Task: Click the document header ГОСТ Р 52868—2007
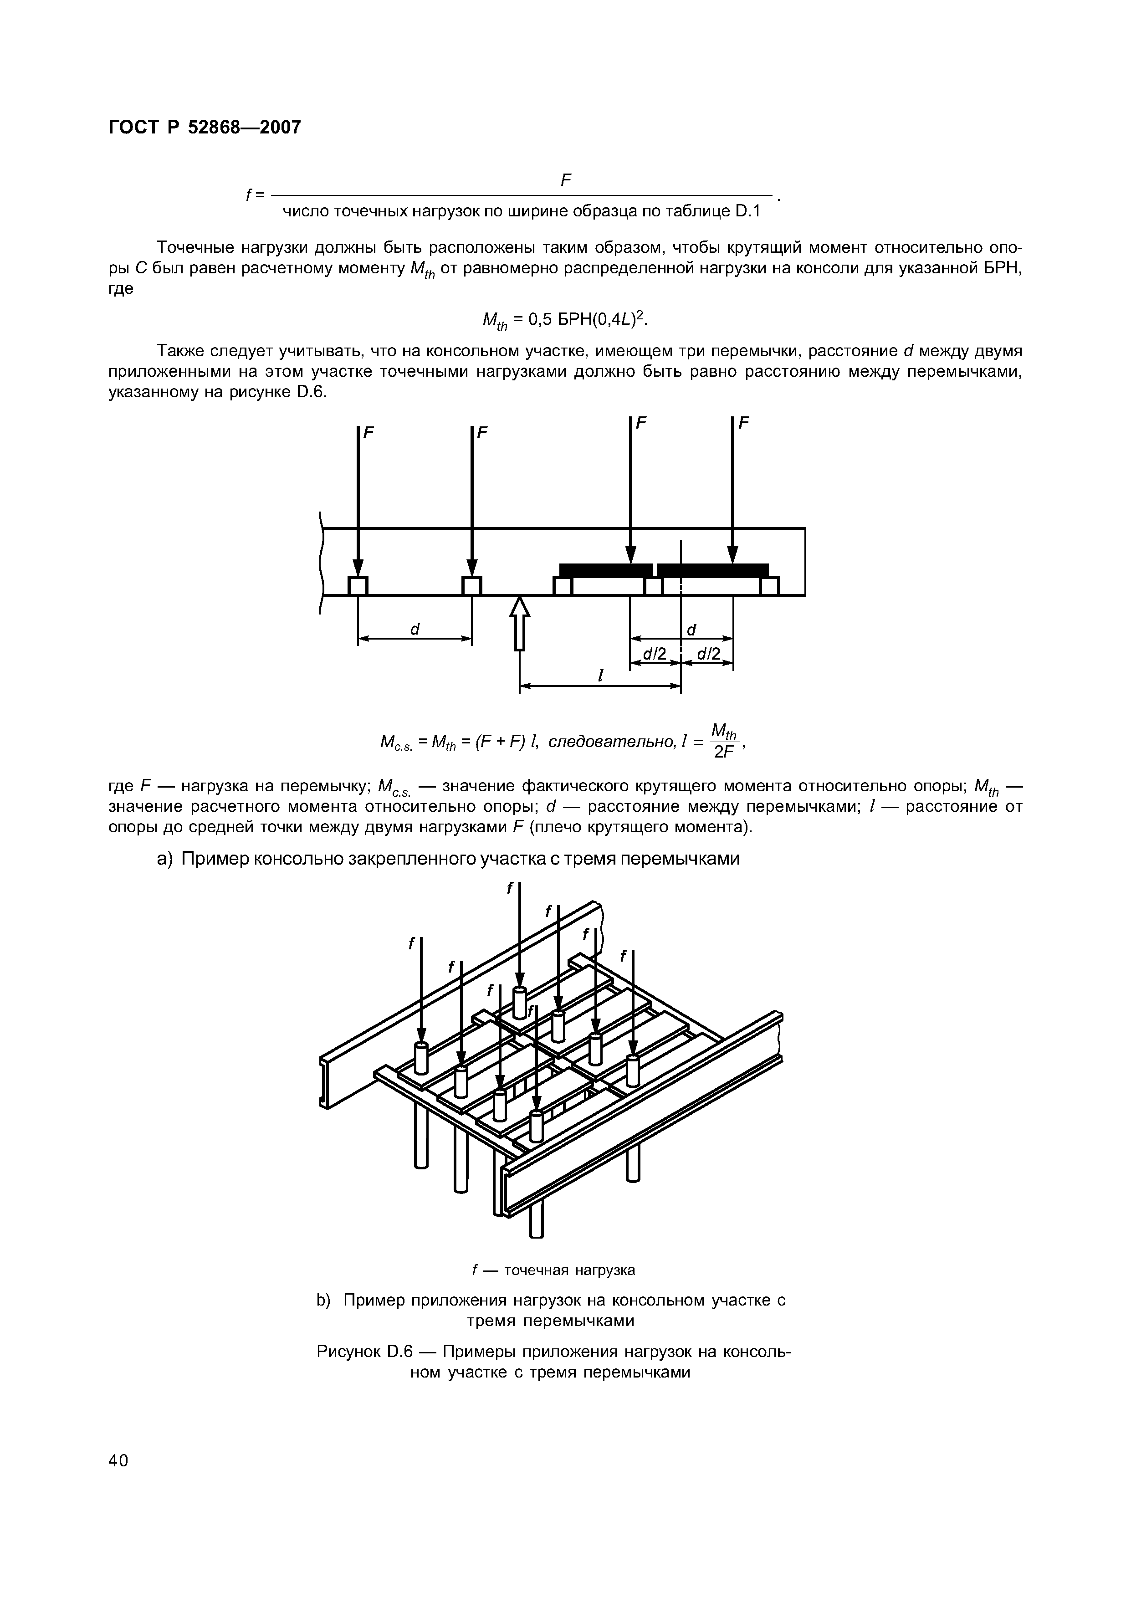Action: click(x=205, y=128)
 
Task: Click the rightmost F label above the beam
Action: click(x=744, y=423)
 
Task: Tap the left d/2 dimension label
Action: click(x=655, y=654)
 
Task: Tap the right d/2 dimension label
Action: click(x=707, y=654)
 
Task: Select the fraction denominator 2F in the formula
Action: click(x=724, y=753)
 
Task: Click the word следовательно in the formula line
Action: click(x=611, y=742)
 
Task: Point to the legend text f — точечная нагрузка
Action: click(x=554, y=1270)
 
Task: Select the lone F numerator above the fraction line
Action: click(x=566, y=181)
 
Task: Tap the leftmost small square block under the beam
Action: click(x=358, y=586)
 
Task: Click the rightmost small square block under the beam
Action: click(x=769, y=586)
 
